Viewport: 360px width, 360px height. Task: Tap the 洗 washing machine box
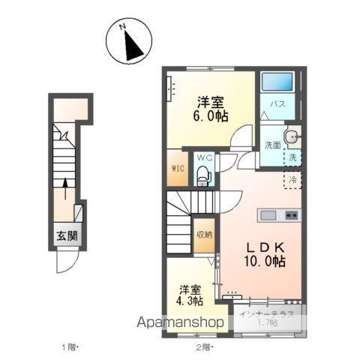tap(293, 158)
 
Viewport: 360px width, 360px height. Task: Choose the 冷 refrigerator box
tap(293, 180)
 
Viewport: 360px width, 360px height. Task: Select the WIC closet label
tap(178, 168)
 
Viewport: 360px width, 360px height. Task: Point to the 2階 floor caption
tap(205, 348)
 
